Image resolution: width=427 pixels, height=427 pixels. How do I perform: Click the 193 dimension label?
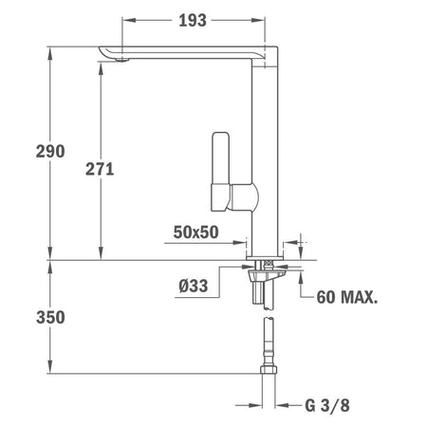click(x=193, y=21)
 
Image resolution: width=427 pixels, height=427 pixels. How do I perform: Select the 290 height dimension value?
click(x=50, y=151)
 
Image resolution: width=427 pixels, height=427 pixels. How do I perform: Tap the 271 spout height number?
click(x=100, y=169)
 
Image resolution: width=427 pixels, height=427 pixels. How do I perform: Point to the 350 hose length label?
click(x=50, y=317)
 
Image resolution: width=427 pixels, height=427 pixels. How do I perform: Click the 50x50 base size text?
click(x=195, y=232)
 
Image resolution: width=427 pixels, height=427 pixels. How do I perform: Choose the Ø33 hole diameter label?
click(x=194, y=286)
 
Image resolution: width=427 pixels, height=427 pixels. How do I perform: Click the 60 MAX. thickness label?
click(x=347, y=297)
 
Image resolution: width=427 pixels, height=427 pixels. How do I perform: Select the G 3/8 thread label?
click(x=327, y=405)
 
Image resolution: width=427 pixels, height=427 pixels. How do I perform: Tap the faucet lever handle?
click(x=220, y=171)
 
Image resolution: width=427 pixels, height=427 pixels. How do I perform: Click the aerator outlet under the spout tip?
click(x=122, y=60)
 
